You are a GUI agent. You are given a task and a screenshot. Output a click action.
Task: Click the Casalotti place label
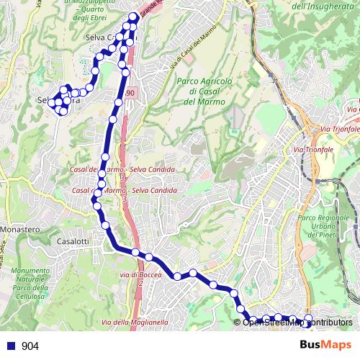click(72, 243)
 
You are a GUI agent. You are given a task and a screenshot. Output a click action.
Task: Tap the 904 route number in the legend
click(30, 346)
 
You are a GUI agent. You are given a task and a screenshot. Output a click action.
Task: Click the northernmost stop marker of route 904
click(134, 17)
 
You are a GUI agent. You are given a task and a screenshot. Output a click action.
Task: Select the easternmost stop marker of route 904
click(309, 318)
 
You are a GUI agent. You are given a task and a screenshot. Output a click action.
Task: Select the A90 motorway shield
click(129, 94)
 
